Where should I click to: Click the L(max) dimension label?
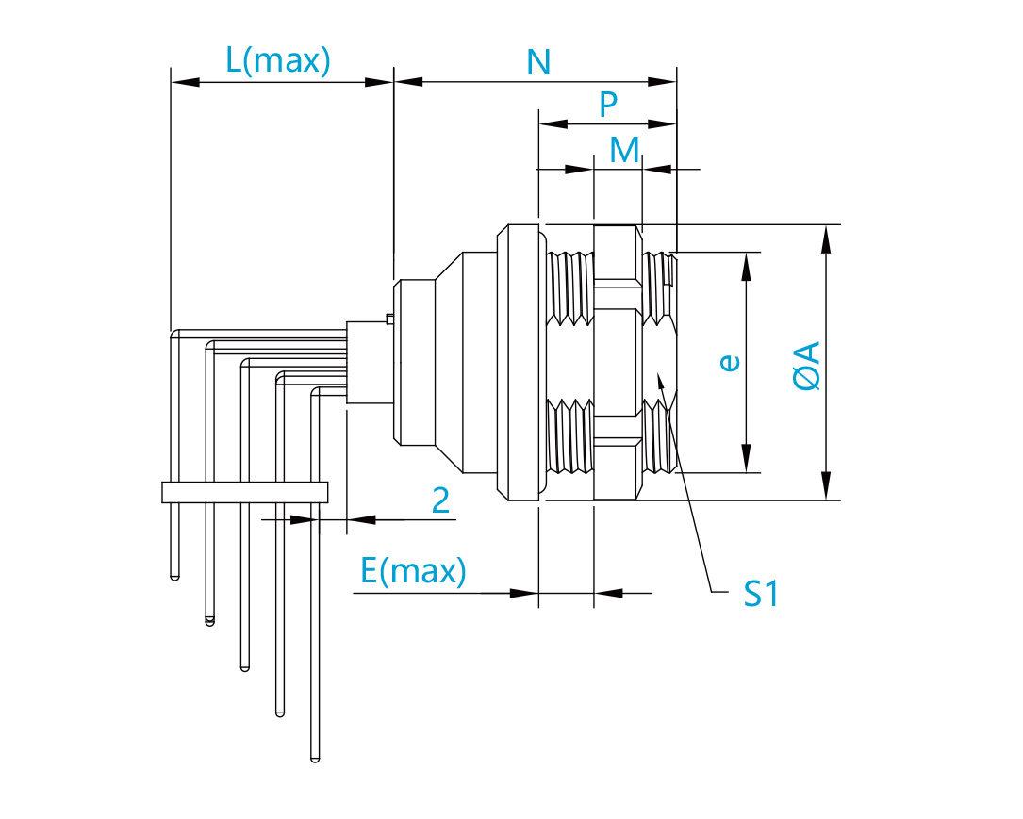pyautogui.click(x=278, y=60)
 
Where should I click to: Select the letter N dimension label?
pyautogui.click(x=538, y=62)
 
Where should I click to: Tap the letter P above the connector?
pyautogui.click(x=608, y=104)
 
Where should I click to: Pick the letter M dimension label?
pyautogui.click(x=624, y=150)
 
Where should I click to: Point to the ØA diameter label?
pyautogui.click(x=806, y=366)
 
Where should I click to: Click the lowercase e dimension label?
pyautogui.click(x=730, y=363)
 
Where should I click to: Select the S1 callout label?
pyautogui.click(x=761, y=594)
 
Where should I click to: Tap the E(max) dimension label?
pyautogui.click(x=413, y=571)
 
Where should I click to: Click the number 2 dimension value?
pyautogui.click(x=441, y=500)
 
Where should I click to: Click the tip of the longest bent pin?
pyautogui.click(x=315, y=760)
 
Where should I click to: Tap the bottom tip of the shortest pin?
pyautogui.click(x=174, y=577)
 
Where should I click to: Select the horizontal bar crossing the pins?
pyautogui.click(x=244, y=492)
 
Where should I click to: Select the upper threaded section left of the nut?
pyautogui.click(x=570, y=288)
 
